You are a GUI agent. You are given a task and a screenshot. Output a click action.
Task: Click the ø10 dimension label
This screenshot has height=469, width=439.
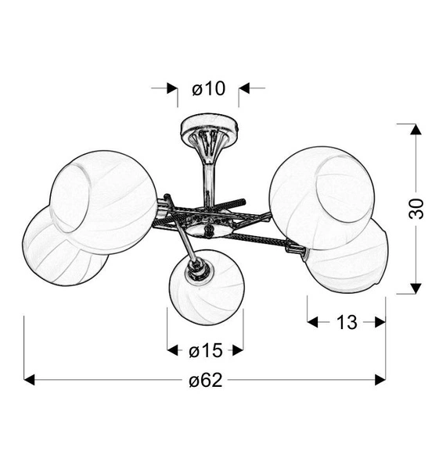(x=208, y=89)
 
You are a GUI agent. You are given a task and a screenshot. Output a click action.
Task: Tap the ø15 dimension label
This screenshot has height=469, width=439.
(x=206, y=350)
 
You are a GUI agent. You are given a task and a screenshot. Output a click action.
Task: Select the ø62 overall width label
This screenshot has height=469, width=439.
(x=206, y=381)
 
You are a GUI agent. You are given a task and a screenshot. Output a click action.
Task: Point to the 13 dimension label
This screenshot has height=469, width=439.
(x=347, y=322)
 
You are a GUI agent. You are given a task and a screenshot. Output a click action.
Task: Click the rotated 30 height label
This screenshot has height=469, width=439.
(x=416, y=209)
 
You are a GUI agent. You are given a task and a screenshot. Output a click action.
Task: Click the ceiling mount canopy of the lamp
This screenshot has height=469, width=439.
(x=210, y=127)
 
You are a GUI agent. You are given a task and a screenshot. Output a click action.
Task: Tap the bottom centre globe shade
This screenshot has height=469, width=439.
(x=207, y=287)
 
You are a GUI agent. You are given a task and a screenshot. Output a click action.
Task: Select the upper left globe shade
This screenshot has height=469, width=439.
(x=103, y=202)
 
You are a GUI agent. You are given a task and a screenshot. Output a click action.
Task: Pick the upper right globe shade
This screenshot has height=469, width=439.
(x=322, y=199)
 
